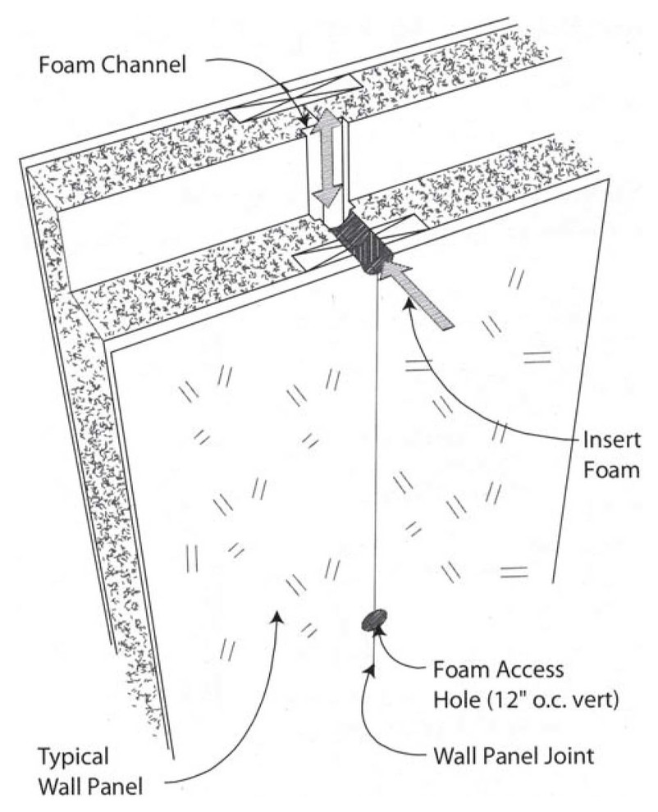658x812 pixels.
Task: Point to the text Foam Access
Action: pyautogui.click(x=498, y=669)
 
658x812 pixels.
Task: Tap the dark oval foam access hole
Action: pyautogui.click(x=373, y=619)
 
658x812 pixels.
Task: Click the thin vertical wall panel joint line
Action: pyautogui.click(x=376, y=451)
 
